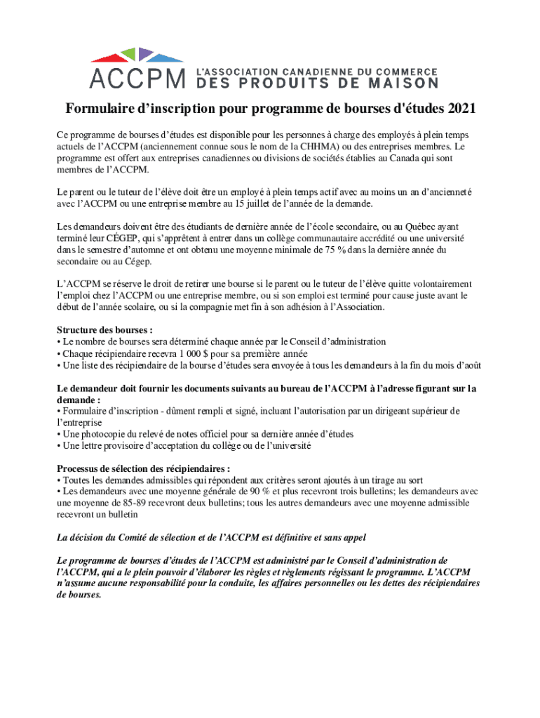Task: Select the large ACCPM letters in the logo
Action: tap(137, 76)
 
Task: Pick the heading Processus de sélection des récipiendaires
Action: tap(143, 468)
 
